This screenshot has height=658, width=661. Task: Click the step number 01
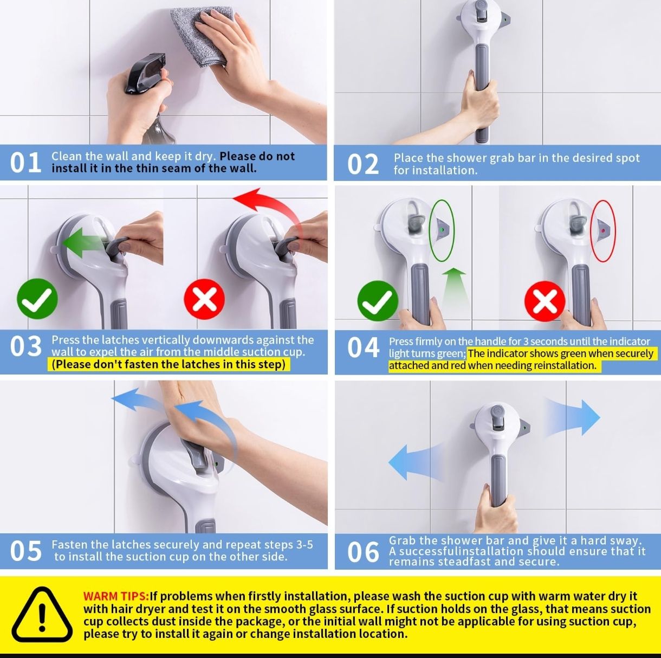click(25, 163)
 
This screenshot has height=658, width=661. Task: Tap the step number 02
click(363, 164)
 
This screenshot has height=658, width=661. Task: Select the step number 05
click(25, 551)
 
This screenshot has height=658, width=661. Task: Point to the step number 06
click(363, 552)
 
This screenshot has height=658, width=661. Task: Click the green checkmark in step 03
click(37, 299)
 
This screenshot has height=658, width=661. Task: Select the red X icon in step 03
click(204, 299)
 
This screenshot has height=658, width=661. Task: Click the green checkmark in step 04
click(378, 301)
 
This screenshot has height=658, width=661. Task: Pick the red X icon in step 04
click(545, 301)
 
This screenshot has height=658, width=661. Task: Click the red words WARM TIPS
click(116, 596)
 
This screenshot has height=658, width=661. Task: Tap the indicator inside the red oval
click(603, 230)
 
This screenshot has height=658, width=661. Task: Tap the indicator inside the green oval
click(443, 230)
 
